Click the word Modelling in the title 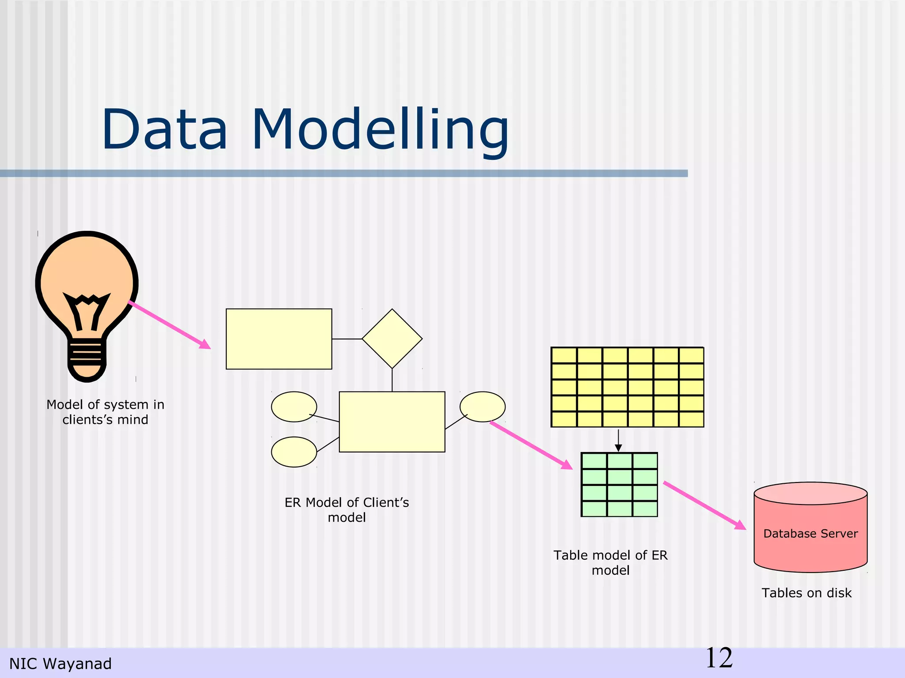pos(380,130)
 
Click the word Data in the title pos(164,130)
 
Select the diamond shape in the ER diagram pos(392,339)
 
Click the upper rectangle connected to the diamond pos(279,339)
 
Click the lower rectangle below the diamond pos(392,422)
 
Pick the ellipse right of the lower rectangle pos(483,406)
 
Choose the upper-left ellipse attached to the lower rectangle pos(293,406)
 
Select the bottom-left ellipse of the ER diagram pos(293,452)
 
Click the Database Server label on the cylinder pos(810,533)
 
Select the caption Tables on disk pos(806,593)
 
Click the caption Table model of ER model pos(610,562)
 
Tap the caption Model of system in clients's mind pos(105,412)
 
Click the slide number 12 pos(719,658)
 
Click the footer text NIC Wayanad pos(61,663)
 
